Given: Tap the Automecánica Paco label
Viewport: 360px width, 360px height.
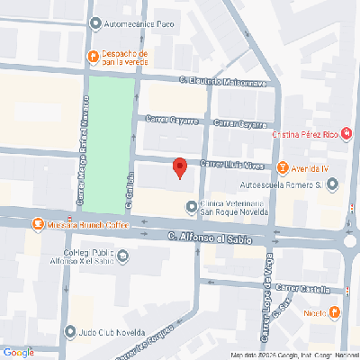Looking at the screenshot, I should point(139,25).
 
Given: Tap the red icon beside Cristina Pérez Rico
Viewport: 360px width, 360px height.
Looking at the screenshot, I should point(346,134).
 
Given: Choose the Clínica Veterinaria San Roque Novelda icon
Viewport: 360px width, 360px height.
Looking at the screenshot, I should point(190,207).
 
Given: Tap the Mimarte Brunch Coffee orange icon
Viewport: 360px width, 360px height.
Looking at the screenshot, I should point(38,223).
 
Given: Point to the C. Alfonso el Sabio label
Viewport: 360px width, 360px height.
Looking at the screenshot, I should point(215,238).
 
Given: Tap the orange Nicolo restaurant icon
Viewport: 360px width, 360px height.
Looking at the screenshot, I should point(335,312).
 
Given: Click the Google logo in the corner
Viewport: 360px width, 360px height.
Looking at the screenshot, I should point(18,352).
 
